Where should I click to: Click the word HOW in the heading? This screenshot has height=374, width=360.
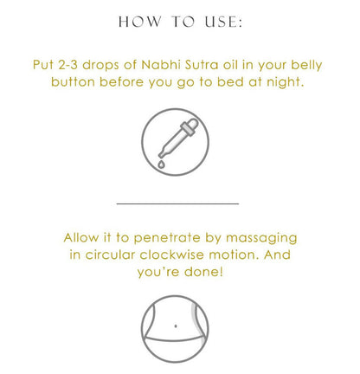[x=139, y=22]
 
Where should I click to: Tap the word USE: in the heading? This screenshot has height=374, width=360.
[x=223, y=22]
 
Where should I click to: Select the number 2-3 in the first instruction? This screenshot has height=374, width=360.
[x=67, y=65]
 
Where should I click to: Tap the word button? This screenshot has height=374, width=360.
[x=73, y=82]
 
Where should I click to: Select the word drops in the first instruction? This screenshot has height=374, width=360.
[x=100, y=66]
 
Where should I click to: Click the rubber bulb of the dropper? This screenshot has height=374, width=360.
[x=192, y=124]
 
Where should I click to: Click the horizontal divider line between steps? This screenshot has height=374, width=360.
[x=177, y=203]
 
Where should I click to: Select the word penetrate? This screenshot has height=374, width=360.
[x=167, y=239]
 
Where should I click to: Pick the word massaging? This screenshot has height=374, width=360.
[x=261, y=239]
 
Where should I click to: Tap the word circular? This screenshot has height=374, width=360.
[x=110, y=255]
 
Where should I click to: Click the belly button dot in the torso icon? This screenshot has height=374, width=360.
[x=176, y=326]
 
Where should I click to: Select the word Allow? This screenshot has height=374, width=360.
[x=81, y=238]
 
